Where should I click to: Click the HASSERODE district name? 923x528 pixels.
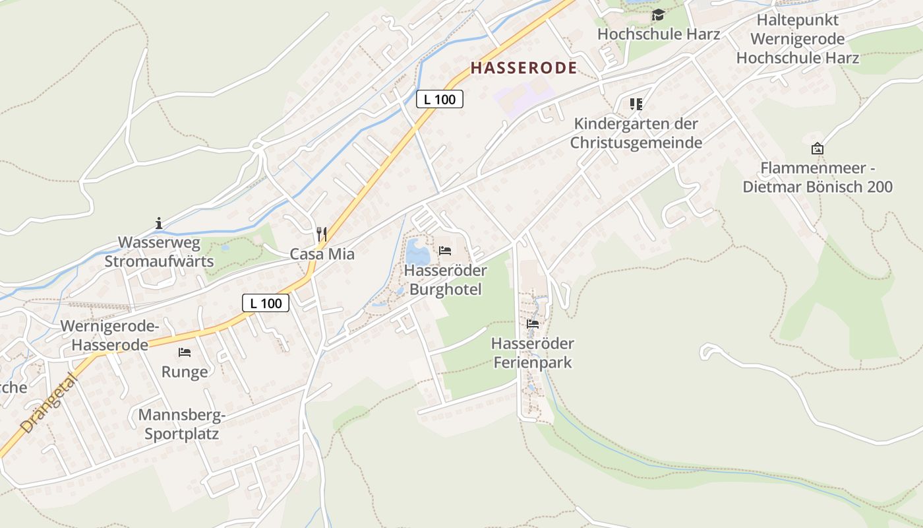tap(524, 67)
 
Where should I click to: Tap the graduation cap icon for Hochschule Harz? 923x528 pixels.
tap(658, 15)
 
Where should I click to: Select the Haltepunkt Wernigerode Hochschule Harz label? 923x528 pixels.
tap(798, 39)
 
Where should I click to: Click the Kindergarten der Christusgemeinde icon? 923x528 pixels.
tap(636, 104)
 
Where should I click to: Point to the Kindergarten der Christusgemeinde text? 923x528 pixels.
tap(636, 133)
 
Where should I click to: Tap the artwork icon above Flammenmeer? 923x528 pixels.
tap(818, 148)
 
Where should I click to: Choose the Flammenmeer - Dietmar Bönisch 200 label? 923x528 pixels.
tap(818, 178)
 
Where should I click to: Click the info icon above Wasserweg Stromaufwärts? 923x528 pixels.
tap(159, 223)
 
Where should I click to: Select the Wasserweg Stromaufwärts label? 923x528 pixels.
tap(159, 251)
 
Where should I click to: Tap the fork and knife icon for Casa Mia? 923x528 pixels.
tap(322, 234)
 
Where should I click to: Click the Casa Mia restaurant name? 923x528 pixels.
tap(322, 254)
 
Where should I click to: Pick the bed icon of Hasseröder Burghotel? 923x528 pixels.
tap(445, 251)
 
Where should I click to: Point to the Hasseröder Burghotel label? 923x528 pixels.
tap(446, 280)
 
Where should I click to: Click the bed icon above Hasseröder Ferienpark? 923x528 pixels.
tap(533, 324)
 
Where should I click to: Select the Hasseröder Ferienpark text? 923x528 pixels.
tap(533, 353)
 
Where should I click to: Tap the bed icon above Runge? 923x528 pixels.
tap(185, 352)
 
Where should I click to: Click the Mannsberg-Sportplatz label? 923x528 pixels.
tap(182, 424)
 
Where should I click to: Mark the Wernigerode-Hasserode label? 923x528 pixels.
tap(109, 335)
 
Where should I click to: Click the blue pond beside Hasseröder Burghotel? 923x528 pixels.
tap(417, 251)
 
